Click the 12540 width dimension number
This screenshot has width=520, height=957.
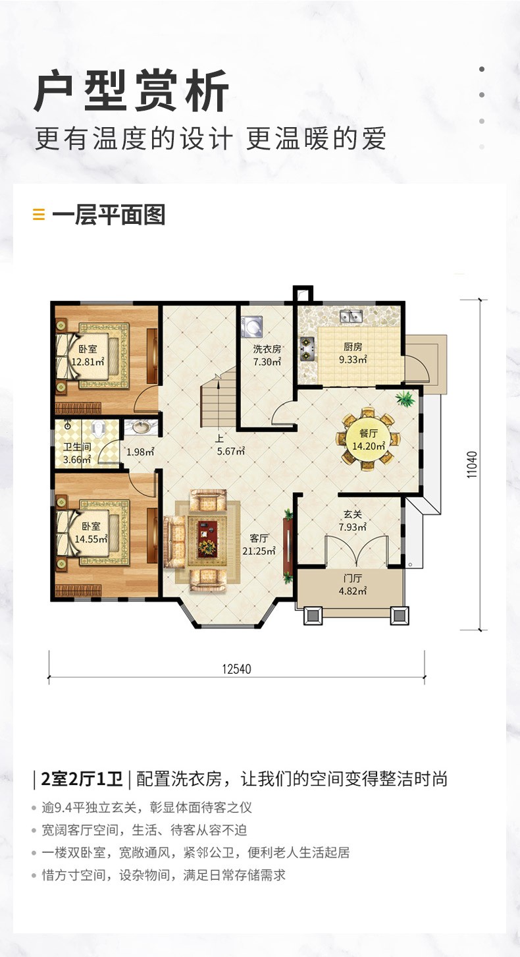(x=236, y=669)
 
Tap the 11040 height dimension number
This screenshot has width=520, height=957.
(x=472, y=464)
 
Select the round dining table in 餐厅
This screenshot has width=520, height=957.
(x=368, y=439)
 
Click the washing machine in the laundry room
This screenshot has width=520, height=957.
(x=252, y=326)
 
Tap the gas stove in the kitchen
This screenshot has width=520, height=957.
(x=307, y=348)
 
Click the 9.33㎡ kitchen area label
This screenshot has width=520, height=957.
(x=353, y=360)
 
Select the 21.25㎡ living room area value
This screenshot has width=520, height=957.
(x=259, y=551)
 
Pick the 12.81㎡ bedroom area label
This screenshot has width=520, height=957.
(x=88, y=362)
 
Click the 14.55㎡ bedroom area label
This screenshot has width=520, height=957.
(x=91, y=539)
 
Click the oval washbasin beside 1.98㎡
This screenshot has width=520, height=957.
(x=140, y=426)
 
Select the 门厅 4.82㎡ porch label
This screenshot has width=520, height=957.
(x=353, y=585)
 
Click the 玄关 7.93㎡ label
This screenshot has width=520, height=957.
(x=353, y=521)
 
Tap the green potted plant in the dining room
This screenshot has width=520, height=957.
(x=405, y=399)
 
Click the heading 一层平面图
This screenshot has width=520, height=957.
(x=109, y=215)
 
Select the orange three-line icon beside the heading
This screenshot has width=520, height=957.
(x=39, y=215)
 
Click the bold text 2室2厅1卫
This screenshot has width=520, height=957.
(x=82, y=779)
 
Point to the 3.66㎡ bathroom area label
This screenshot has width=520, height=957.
(x=77, y=460)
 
